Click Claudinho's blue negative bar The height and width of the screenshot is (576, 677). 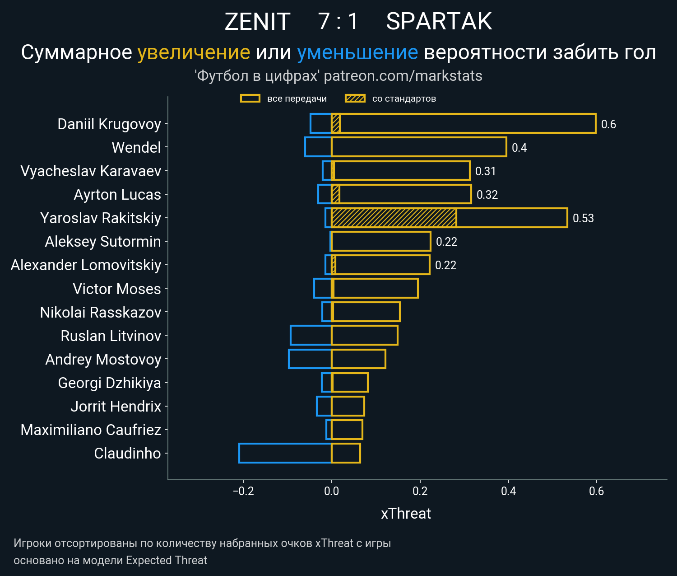(x=285, y=453)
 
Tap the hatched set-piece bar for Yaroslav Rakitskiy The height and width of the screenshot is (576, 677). (x=394, y=218)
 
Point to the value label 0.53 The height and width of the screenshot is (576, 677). (x=583, y=218)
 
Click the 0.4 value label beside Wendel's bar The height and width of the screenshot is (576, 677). (x=519, y=148)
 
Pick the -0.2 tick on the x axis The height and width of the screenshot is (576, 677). (x=243, y=491)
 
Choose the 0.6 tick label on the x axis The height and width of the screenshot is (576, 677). (x=596, y=491)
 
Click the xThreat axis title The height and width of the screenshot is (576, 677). (x=406, y=514)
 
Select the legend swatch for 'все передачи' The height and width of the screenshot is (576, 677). (x=250, y=98)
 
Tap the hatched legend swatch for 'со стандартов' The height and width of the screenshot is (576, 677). (x=355, y=98)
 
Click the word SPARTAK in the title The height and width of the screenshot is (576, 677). (x=439, y=21)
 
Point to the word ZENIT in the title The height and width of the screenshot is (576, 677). (x=257, y=21)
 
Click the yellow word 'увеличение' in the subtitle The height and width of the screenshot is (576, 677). (x=194, y=52)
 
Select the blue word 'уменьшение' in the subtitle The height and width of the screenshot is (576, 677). (x=357, y=52)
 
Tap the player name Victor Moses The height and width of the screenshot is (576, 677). (x=117, y=289)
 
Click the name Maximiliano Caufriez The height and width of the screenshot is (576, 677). (x=91, y=430)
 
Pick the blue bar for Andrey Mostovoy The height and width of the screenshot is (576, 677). (x=310, y=359)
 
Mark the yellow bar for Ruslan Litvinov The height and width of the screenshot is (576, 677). (x=365, y=336)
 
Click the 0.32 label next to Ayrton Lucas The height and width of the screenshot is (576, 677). (x=487, y=195)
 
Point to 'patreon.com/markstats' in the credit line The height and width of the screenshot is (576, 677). (x=403, y=76)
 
